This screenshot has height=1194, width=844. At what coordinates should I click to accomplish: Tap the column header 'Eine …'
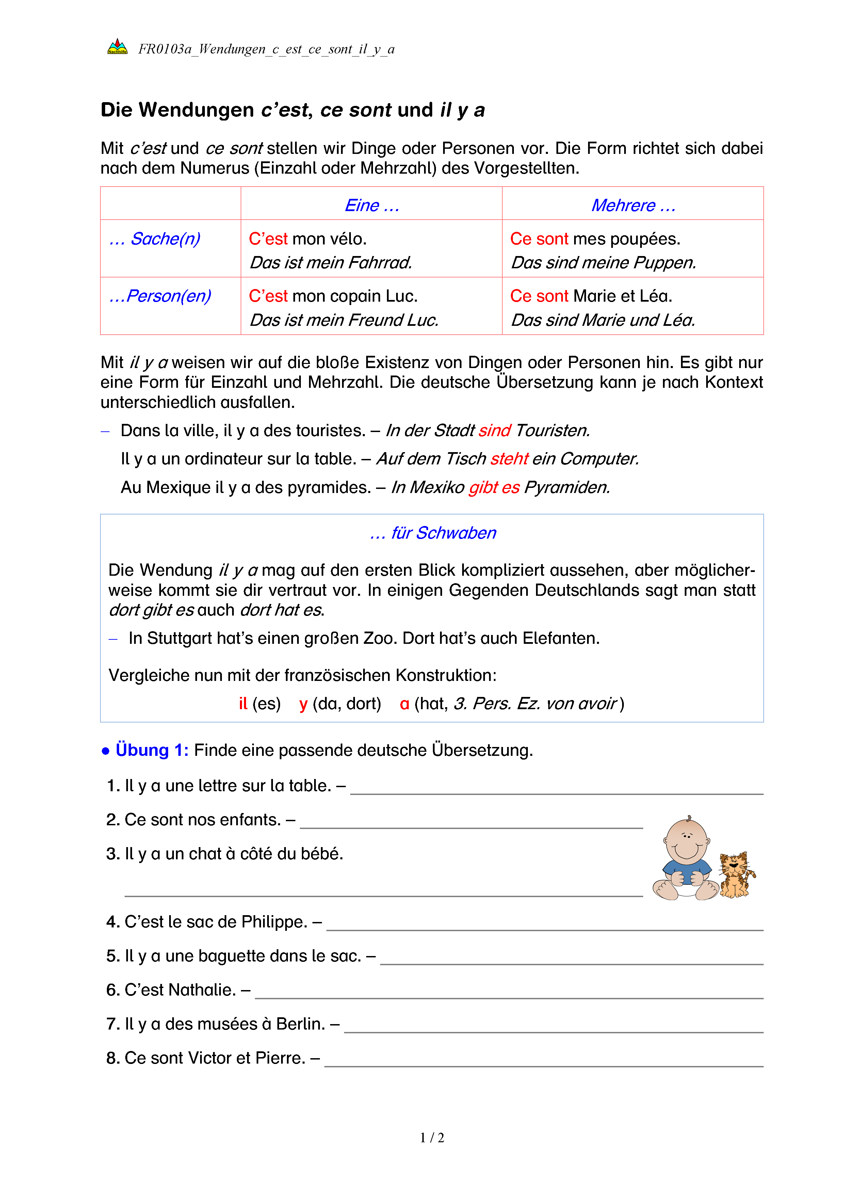point(372,205)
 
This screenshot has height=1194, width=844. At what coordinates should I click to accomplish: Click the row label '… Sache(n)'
point(155,239)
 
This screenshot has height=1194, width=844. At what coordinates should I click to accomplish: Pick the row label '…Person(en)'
point(160,296)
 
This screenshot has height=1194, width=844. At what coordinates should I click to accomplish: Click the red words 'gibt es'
point(494,487)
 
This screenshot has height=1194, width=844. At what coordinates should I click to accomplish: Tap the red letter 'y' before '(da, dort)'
point(304,704)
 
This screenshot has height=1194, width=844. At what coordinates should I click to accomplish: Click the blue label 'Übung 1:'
point(152,750)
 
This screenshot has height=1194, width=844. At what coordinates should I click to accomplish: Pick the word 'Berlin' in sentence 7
point(301,1024)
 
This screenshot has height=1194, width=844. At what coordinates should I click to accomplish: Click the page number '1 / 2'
point(432,1138)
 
